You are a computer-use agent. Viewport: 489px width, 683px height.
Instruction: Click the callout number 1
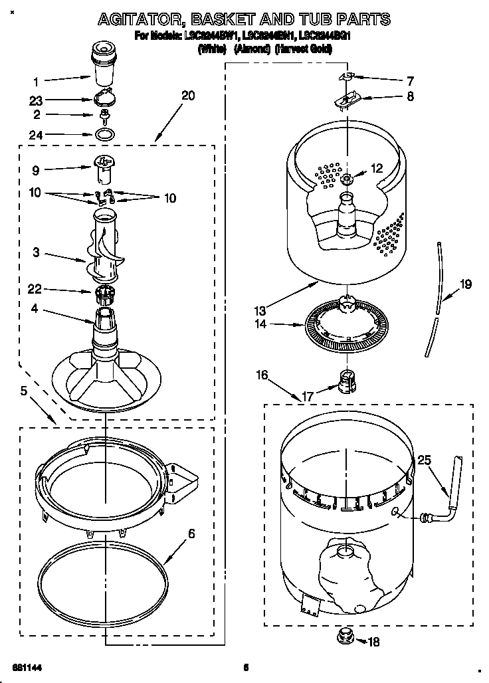point(37,82)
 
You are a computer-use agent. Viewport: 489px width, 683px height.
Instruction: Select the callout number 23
point(37,101)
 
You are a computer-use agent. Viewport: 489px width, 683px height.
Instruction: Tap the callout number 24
point(37,135)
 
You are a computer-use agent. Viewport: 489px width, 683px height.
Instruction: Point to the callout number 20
point(188,96)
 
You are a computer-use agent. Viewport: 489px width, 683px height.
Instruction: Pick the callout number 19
point(466,285)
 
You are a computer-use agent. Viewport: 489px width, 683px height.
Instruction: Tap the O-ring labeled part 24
point(102,136)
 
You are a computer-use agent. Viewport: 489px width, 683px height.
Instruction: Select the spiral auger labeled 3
point(105,249)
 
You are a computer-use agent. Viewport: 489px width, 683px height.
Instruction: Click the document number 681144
point(25,666)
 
